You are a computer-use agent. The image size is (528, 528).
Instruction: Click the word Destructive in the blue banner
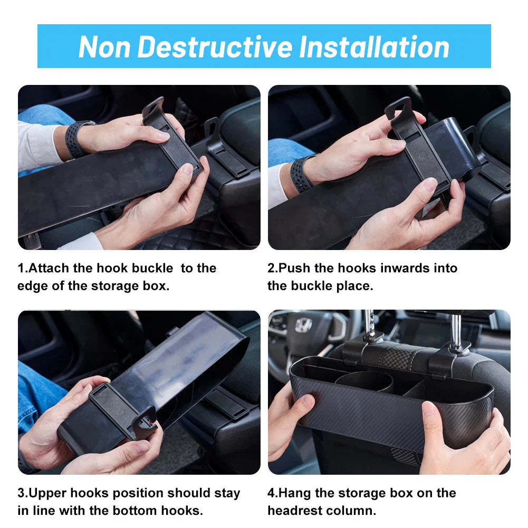click(215, 46)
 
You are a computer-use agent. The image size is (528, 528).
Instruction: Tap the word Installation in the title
click(374, 46)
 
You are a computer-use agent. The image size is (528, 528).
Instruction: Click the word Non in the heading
click(104, 46)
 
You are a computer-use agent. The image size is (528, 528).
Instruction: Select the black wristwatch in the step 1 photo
click(78, 138)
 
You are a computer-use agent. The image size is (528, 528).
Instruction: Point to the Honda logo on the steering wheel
click(304, 325)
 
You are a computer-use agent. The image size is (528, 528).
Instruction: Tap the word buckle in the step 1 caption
click(152, 268)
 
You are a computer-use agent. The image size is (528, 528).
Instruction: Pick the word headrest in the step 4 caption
click(291, 511)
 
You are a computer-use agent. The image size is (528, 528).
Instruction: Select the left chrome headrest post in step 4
click(369, 323)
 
